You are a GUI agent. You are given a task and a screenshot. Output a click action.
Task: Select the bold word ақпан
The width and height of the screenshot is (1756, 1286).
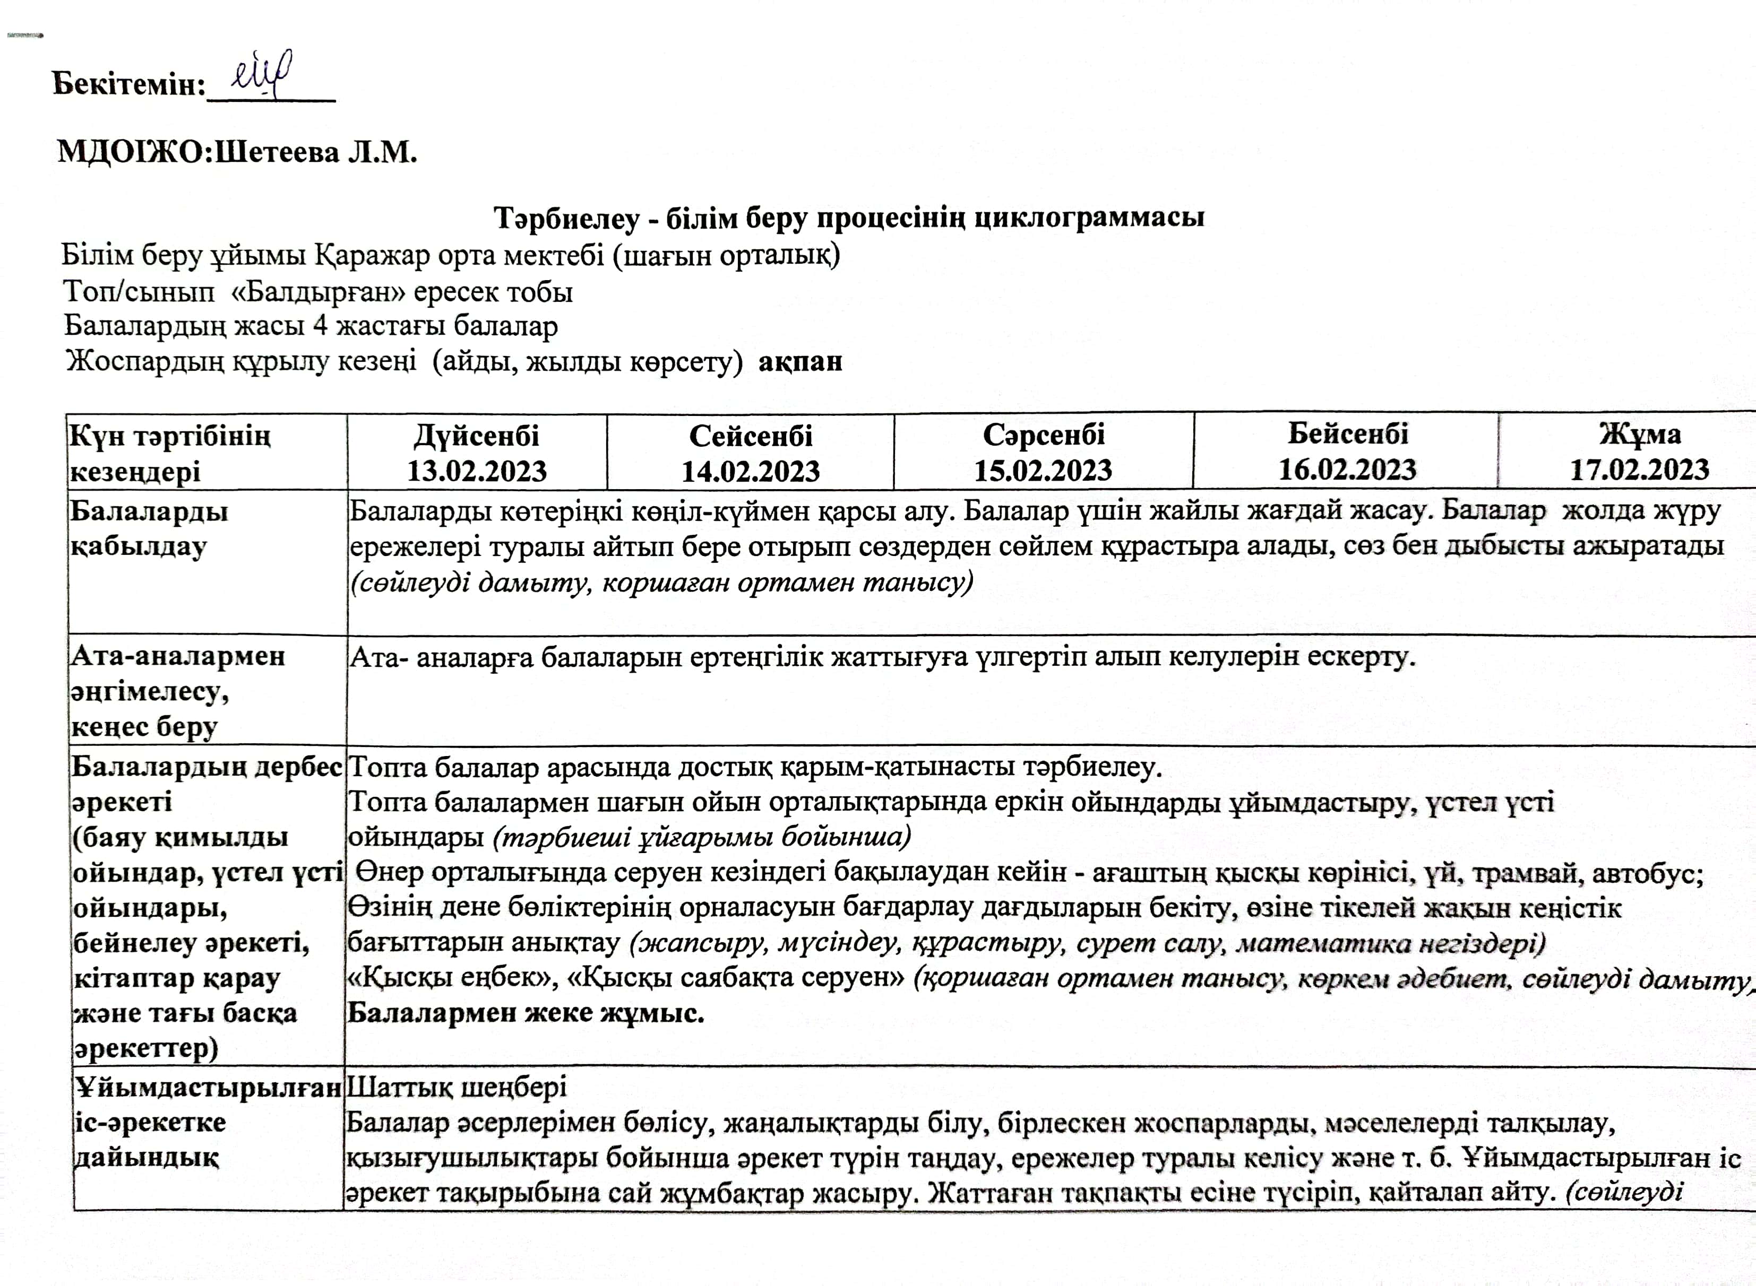coord(800,362)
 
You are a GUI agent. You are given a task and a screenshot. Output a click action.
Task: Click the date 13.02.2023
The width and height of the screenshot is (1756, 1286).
coord(477,472)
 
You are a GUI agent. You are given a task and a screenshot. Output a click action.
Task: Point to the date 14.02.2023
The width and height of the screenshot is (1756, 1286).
coord(751,472)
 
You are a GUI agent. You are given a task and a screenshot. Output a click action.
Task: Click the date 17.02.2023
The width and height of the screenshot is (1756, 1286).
coord(1639,470)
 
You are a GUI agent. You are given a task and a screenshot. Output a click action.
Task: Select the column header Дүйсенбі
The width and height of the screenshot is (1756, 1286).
coord(477,435)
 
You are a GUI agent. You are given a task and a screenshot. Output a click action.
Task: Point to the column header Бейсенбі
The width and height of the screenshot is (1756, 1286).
coord(1347,433)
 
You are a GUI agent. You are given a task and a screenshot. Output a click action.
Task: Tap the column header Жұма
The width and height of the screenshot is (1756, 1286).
coord(1640,433)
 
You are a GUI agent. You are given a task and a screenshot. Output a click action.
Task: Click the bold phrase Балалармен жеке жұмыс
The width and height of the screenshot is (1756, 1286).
coord(526,1013)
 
